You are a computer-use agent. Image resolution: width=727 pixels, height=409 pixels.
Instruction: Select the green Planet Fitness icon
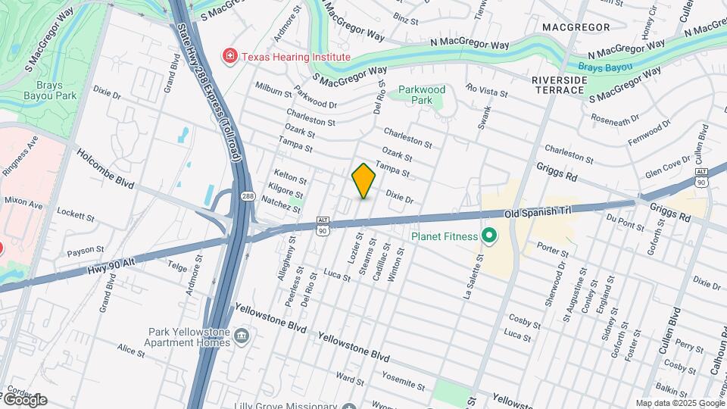pos(488,236)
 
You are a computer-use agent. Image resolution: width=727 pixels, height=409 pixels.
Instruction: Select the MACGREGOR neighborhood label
pos(576,27)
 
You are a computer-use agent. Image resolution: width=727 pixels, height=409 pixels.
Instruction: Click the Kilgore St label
pos(285,192)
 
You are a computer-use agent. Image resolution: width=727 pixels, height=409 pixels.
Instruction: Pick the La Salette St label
pos(474,277)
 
